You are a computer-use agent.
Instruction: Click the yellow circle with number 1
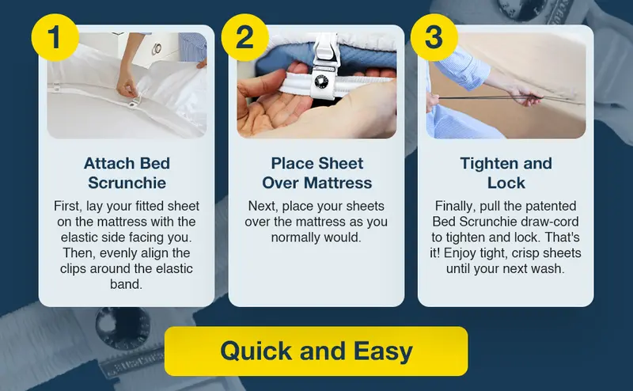(55, 38)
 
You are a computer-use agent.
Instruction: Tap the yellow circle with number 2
(244, 38)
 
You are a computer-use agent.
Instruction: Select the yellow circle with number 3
(434, 38)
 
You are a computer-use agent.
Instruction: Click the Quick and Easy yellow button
(316, 351)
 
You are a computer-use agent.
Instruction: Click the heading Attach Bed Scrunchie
(127, 173)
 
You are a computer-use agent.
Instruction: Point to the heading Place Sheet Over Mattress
(316, 173)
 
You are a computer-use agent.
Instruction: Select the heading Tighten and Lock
(506, 173)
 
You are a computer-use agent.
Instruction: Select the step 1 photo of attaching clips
(127, 85)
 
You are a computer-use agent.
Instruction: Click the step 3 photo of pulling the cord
(506, 85)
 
